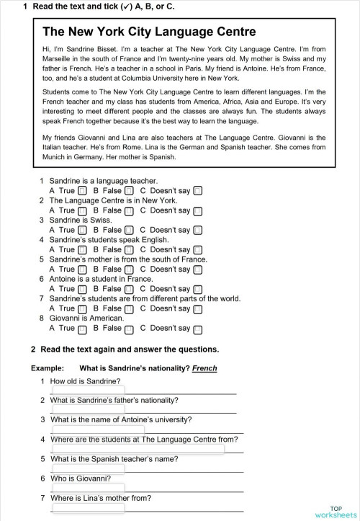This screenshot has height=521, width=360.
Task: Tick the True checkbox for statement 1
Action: click(82, 191)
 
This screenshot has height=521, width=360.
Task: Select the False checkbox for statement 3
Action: click(129, 231)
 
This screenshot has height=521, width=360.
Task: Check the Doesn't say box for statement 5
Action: click(197, 270)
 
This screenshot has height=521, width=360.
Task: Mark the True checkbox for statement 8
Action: click(82, 329)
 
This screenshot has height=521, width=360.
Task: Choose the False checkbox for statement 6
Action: click(129, 289)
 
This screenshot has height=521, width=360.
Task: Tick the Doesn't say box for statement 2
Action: click(197, 211)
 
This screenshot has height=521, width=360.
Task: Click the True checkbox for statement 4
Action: click(82, 250)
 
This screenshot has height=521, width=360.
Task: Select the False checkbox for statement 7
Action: click(129, 309)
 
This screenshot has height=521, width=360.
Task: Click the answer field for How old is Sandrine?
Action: click(88, 391)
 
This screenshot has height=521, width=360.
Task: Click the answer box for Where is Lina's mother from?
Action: click(88, 507)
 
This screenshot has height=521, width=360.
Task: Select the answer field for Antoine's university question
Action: click(88, 429)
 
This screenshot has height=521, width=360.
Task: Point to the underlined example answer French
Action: click(204, 368)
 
